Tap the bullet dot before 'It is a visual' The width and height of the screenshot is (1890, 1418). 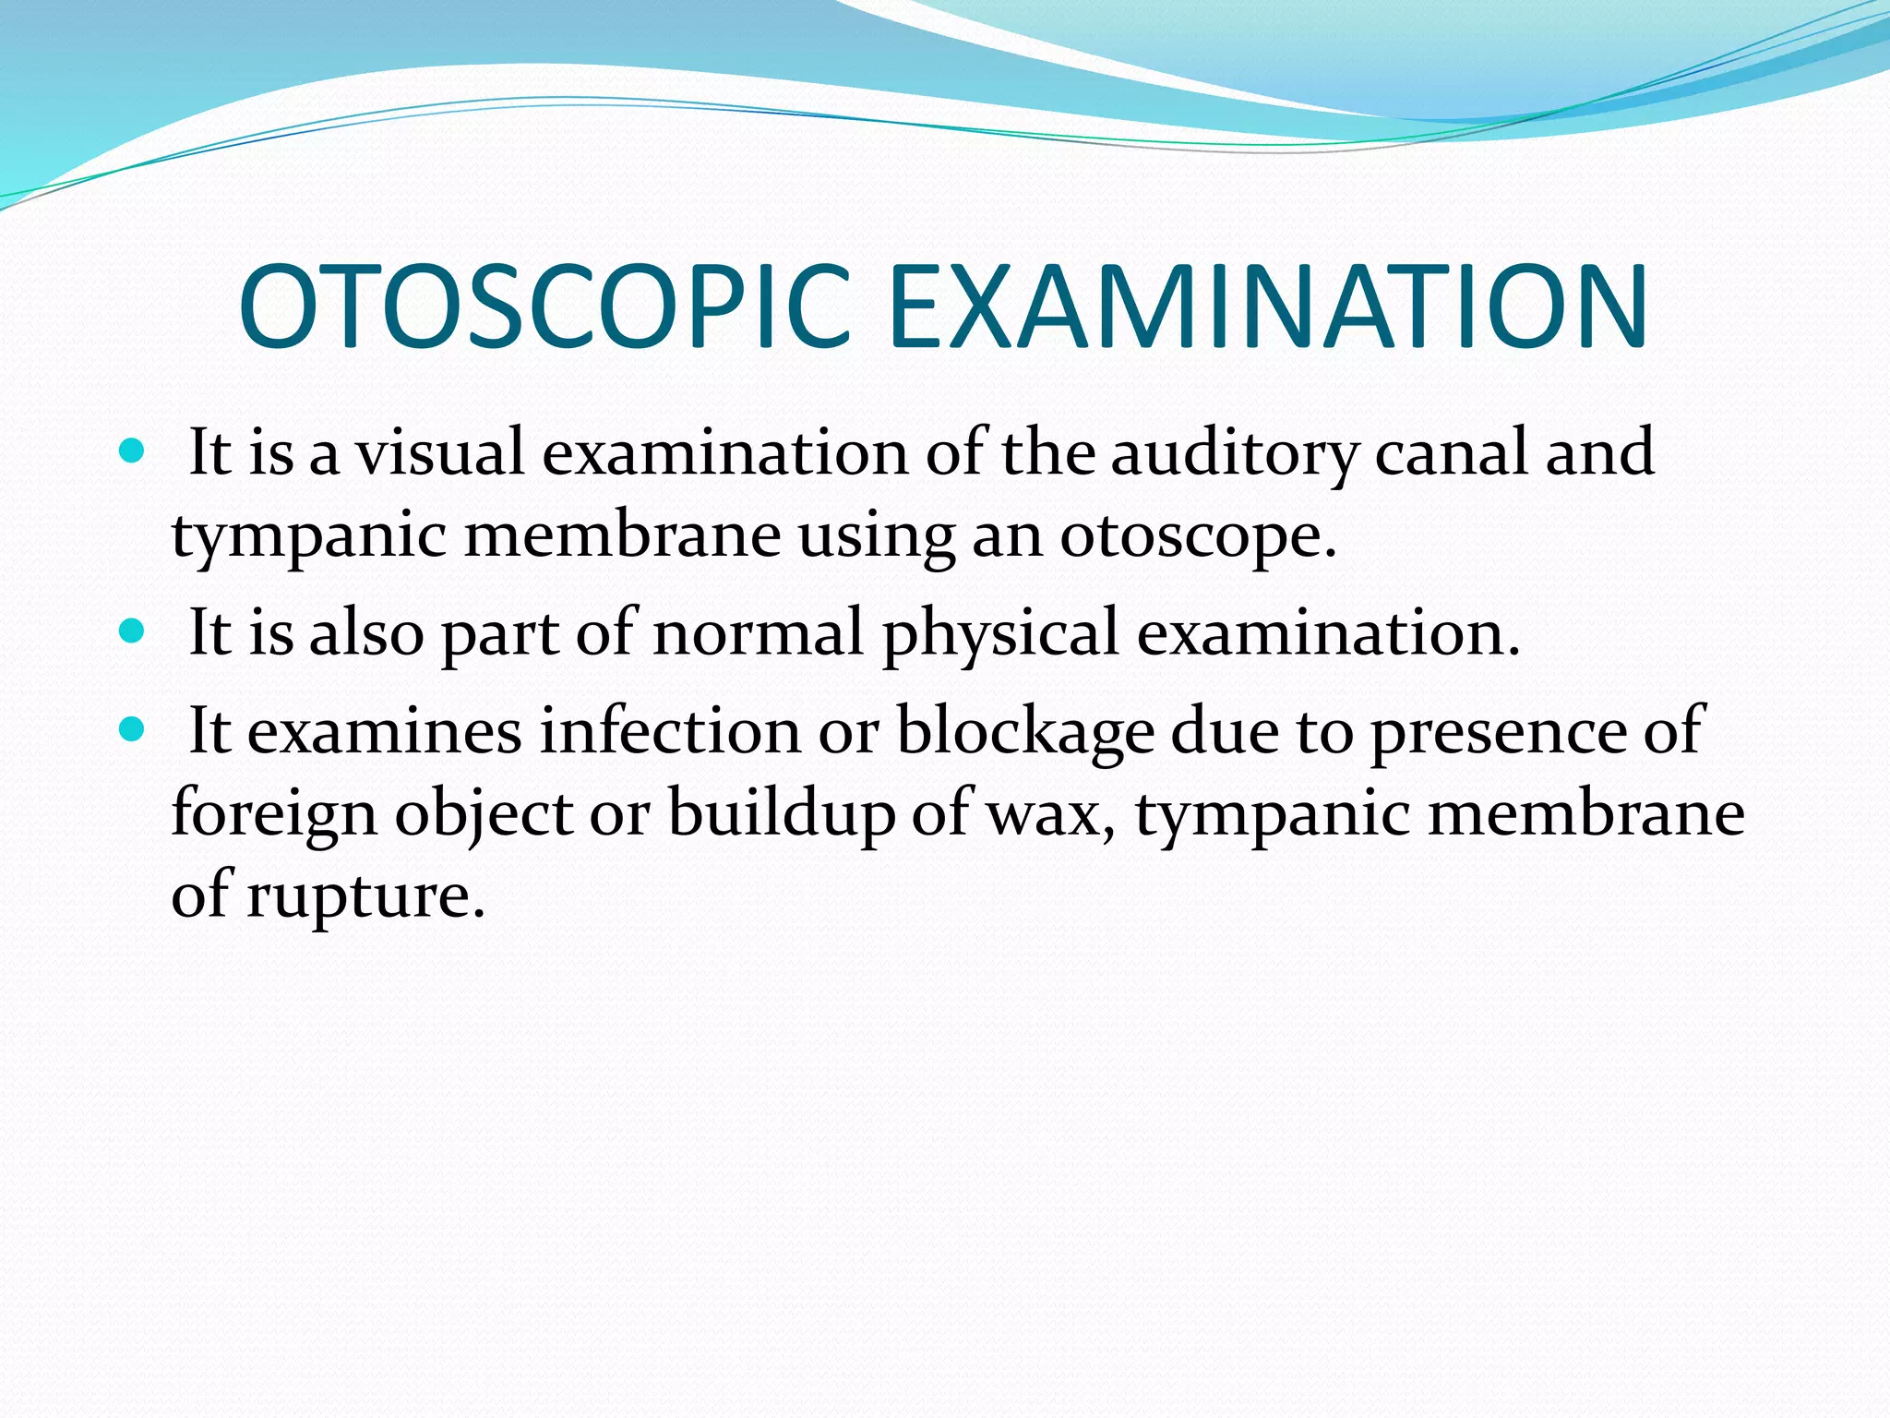133,451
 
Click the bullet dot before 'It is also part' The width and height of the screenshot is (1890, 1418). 133,631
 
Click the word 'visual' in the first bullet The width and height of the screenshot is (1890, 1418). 441,452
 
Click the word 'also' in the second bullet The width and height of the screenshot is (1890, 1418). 366,633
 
